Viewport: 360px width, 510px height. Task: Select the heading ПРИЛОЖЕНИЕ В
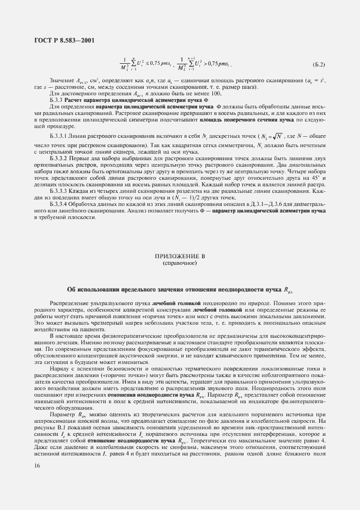180,255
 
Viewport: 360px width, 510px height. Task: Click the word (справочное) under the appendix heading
180,263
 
